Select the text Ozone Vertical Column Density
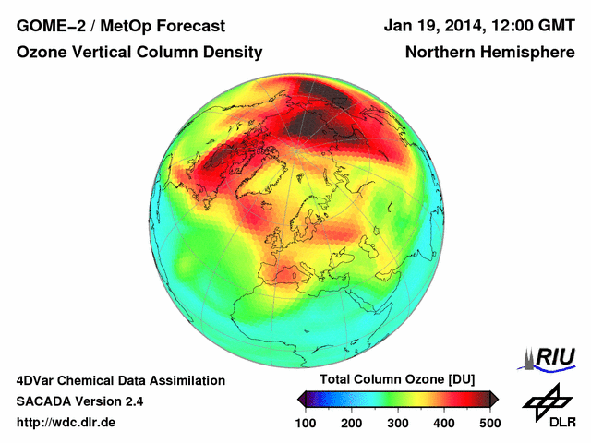[139, 53]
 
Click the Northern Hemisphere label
[489, 53]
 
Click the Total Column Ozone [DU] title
[397, 380]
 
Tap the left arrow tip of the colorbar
[299, 399]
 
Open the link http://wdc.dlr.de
[66, 423]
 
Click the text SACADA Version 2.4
[79, 401]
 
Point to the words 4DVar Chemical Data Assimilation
[120, 380]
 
